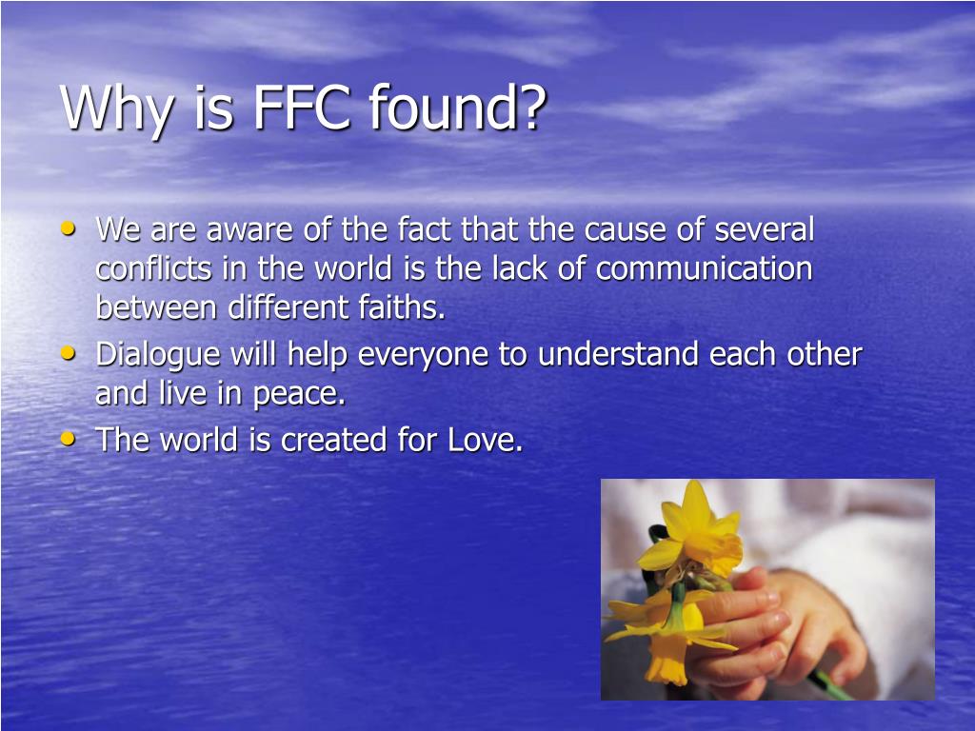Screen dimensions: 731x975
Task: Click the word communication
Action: (x=705, y=269)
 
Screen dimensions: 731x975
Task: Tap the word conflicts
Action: (x=153, y=269)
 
